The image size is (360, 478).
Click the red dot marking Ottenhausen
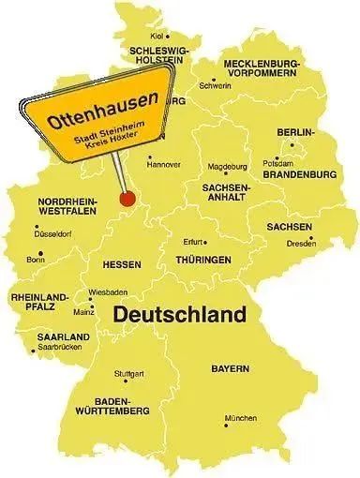127,198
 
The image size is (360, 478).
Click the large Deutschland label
180,314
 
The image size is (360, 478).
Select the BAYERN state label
230,369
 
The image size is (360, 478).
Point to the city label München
239,418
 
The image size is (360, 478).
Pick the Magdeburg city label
225,167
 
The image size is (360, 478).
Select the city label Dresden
300,244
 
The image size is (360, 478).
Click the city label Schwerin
215,85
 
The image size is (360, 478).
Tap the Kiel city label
157,36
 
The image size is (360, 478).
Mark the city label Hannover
164,165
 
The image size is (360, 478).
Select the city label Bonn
36,259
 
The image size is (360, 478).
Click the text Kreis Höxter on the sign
107,137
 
